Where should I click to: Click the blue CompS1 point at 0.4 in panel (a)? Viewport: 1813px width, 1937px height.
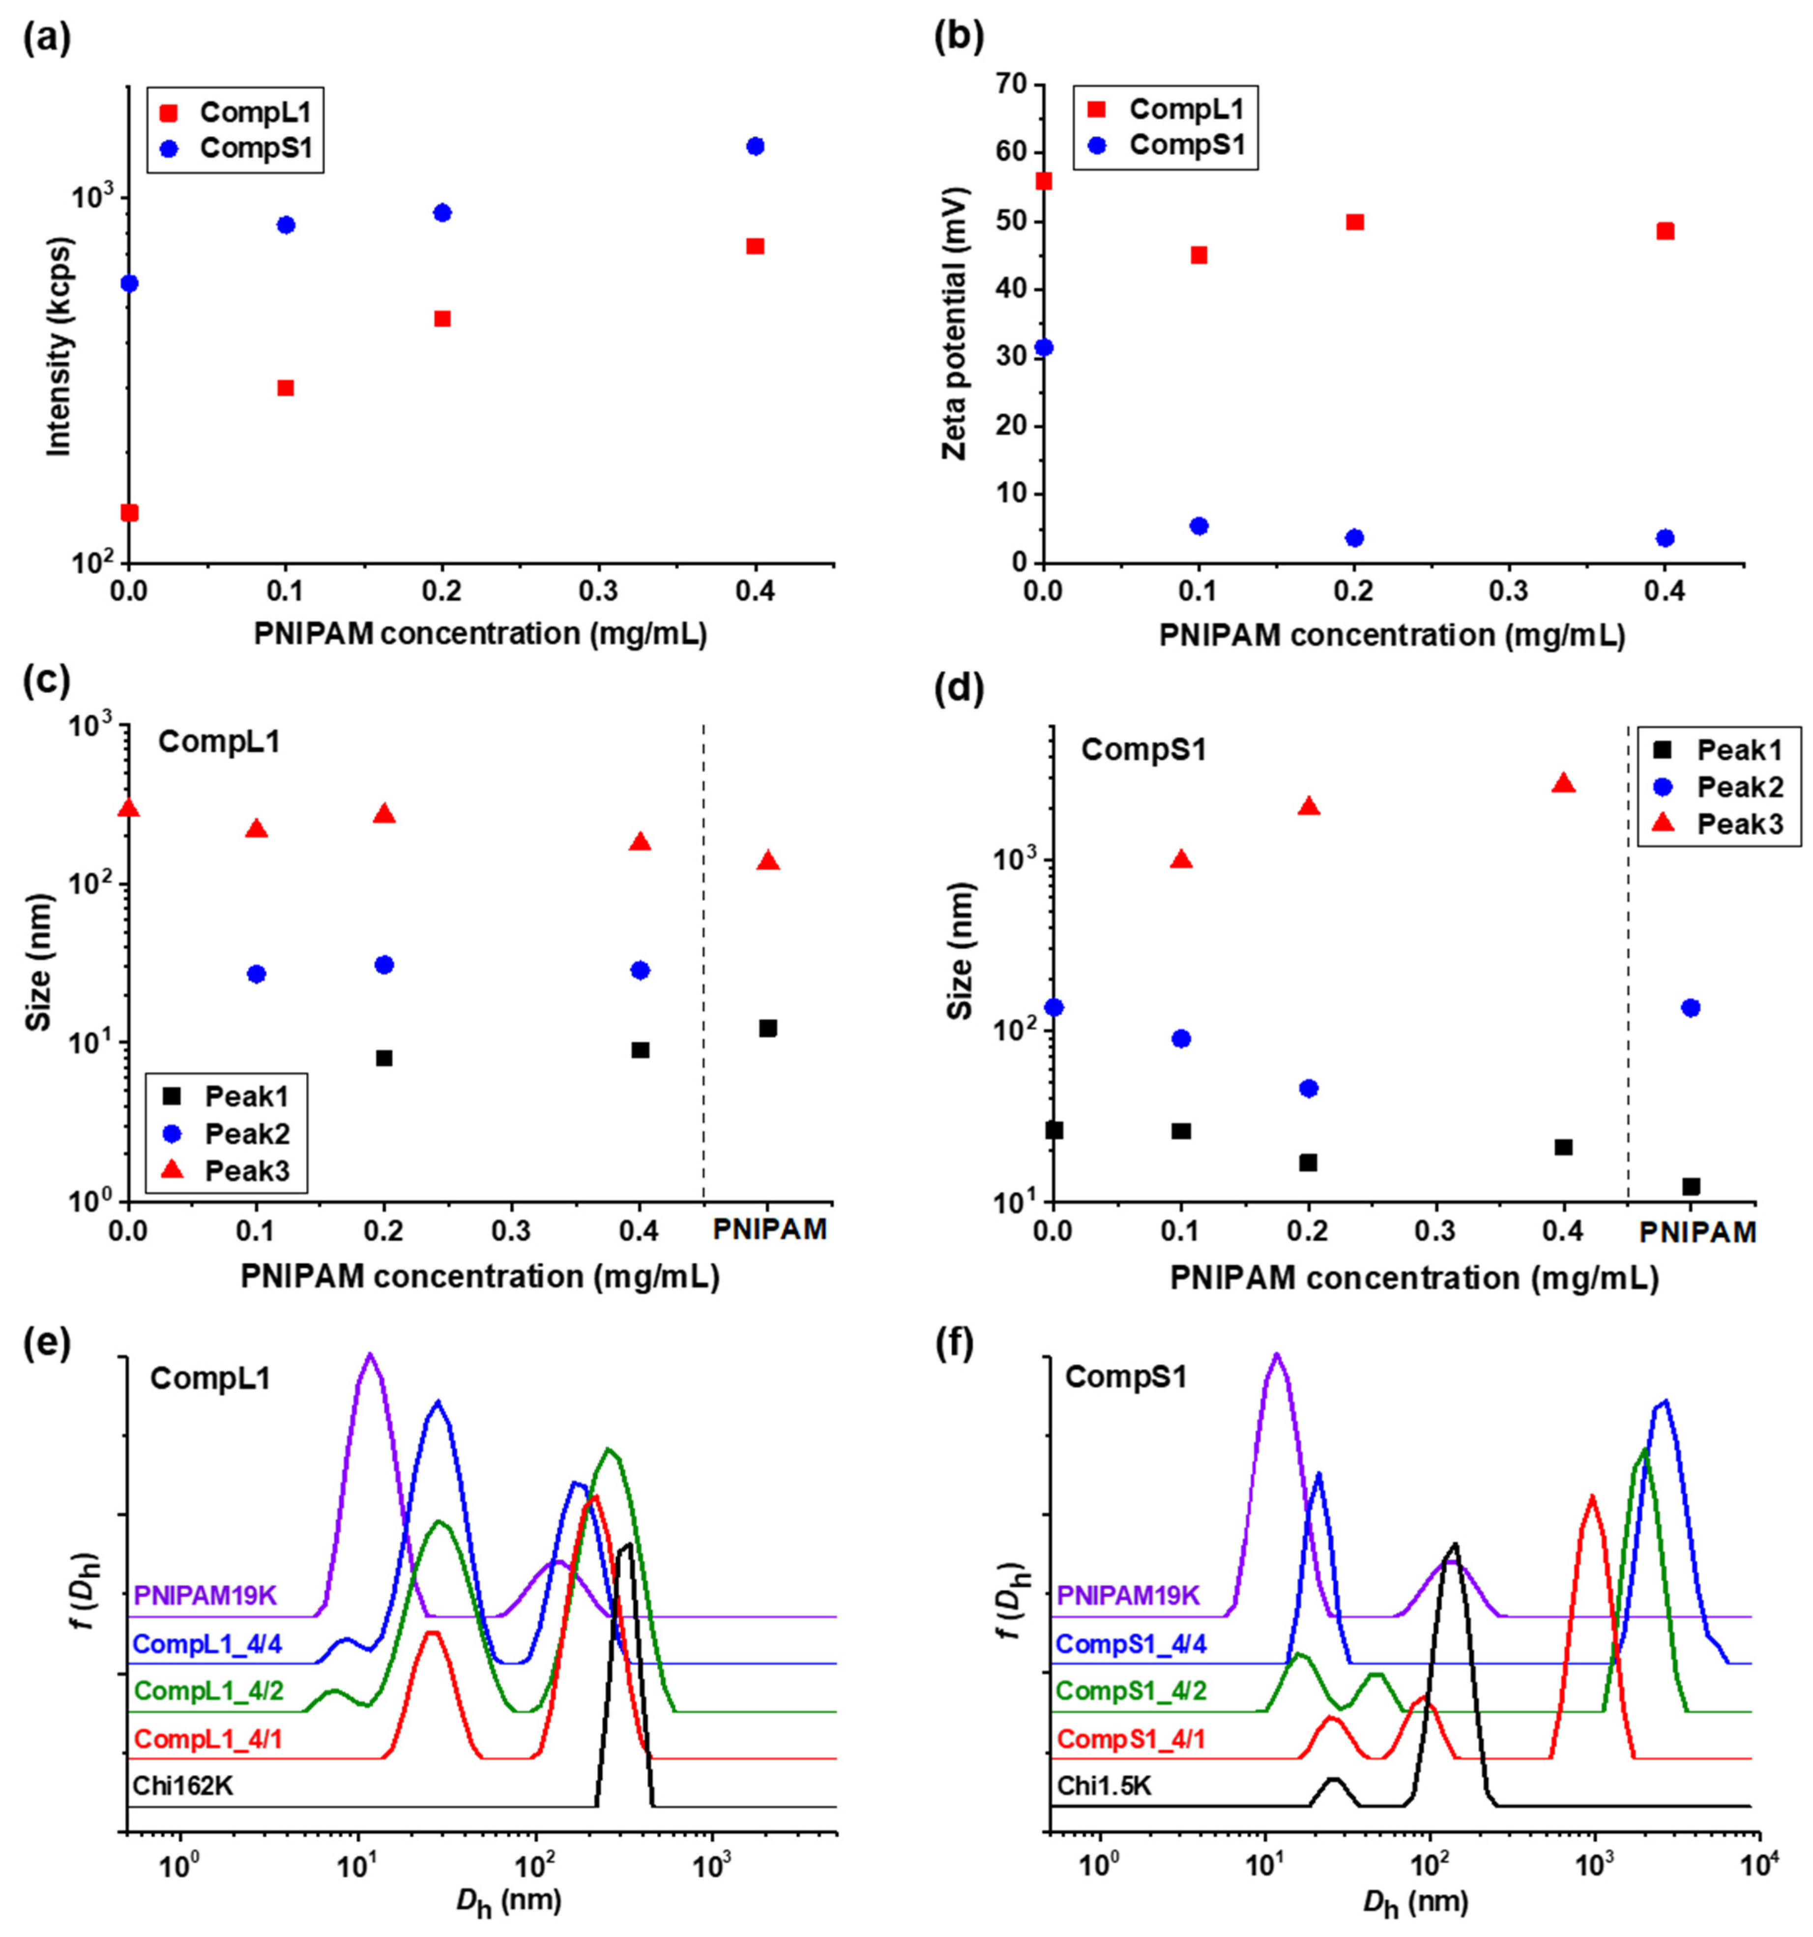(x=754, y=146)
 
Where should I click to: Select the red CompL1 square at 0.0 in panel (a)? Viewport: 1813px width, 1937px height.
(x=129, y=512)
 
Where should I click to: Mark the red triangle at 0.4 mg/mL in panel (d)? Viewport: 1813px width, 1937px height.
(x=1563, y=783)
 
